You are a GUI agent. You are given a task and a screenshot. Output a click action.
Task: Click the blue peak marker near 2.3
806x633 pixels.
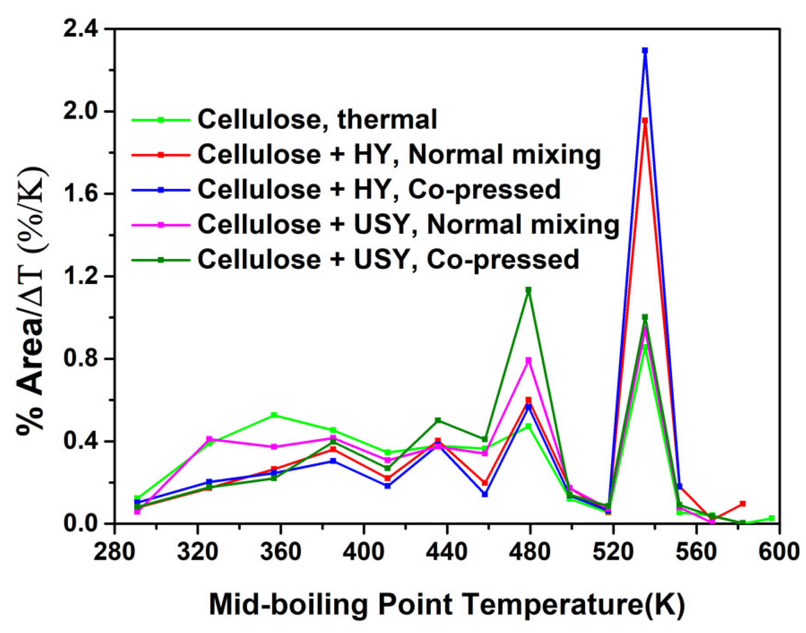pos(645,51)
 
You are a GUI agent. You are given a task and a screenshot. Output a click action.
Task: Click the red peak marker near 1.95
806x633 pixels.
pos(645,121)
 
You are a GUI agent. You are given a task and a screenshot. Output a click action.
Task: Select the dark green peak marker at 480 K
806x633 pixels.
pos(528,290)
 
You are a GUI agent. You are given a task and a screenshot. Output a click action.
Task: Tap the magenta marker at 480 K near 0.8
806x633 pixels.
pos(528,360)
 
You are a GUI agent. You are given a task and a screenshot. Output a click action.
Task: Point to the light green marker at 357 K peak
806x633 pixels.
pos(274,415)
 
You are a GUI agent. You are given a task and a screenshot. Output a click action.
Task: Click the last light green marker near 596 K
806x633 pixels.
pos(772,518)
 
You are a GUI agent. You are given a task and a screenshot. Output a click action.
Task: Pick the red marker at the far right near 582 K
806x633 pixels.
pos(743,504)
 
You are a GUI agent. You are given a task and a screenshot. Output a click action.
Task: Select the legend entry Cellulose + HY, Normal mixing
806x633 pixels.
pos(399,155)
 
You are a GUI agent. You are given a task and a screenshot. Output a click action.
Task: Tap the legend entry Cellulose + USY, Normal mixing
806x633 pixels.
pos(408,225)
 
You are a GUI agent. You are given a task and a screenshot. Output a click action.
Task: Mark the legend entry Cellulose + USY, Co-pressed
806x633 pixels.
pos(388,260)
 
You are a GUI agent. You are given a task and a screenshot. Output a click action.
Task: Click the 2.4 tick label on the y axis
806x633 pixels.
pos(81,29)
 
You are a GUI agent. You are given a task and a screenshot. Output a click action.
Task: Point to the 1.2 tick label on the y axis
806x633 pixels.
pos(81,277)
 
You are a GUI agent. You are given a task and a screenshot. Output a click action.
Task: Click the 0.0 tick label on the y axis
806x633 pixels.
pos(81,524)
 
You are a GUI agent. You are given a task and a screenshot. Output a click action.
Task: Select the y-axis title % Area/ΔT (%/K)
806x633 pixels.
pos(32,300)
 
